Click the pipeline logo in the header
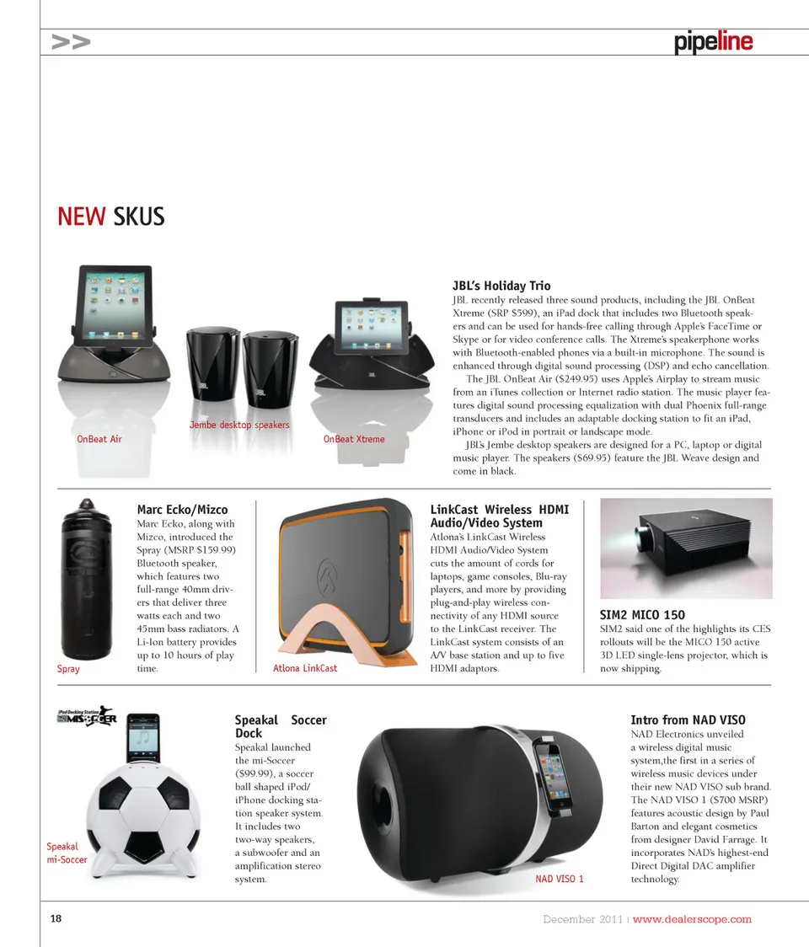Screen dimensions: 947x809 pos(713,42)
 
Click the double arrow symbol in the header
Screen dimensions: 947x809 pos(71,42)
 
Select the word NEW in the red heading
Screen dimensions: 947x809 pos(81,217)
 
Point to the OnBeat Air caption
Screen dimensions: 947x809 pos(99,439)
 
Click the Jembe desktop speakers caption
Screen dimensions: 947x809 pos(239,425)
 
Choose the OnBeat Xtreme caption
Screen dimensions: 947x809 pos(354,439)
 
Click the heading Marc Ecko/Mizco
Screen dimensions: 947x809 pos(182,509)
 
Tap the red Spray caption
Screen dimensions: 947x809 pos(68,669)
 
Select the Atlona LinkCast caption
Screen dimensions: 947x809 pos(305,668)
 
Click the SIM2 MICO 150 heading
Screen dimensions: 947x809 pos(642,615)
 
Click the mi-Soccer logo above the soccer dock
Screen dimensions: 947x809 pos(87,718)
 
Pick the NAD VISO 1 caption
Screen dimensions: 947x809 pos(560,879)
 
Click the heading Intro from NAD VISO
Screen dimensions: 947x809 pos(688,720)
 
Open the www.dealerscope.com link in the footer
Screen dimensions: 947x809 pos(692,919)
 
